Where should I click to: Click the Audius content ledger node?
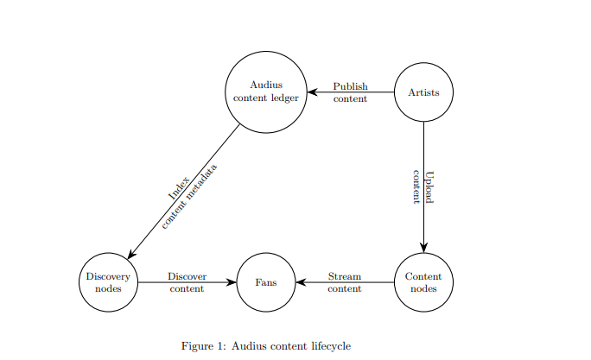(266, 92)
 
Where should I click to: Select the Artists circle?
(423, 92)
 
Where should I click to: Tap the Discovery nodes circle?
(109, 281)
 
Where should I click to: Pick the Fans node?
(266, 281)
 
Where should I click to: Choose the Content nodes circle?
(423, 281)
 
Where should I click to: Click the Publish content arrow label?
(350, 92)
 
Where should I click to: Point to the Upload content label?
(423, 186)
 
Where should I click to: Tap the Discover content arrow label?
(187, 282)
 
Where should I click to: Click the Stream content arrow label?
(345, 282)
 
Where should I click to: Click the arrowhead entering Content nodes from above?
(423, 247)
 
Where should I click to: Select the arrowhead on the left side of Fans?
(232, 281)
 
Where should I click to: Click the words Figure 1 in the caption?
(201, 346)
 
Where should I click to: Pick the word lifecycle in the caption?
(328, 346)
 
